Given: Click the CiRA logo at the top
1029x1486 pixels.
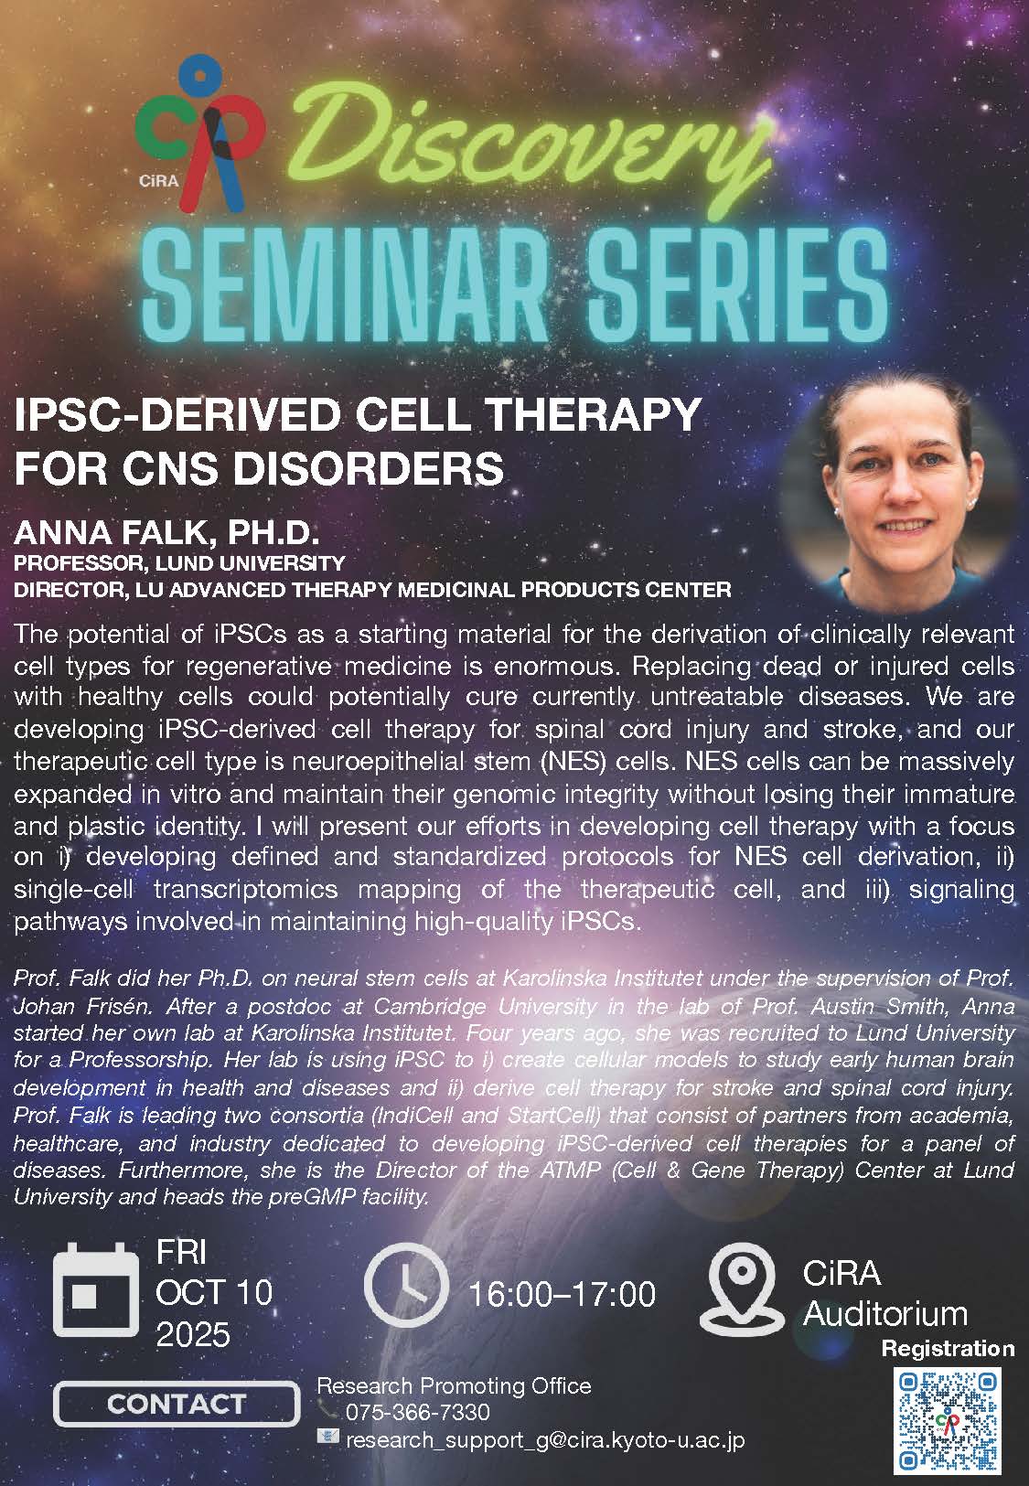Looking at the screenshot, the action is pos(199,132).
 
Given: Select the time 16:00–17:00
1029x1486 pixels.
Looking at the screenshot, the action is pos(563,1294).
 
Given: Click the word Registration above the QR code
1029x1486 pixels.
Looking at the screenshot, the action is pos(949,1349).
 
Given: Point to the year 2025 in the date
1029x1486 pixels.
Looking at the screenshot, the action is pos(193,1335).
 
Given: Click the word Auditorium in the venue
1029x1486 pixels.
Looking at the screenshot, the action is pos(885,1313).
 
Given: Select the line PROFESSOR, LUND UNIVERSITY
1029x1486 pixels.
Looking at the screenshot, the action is pos(179,563).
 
